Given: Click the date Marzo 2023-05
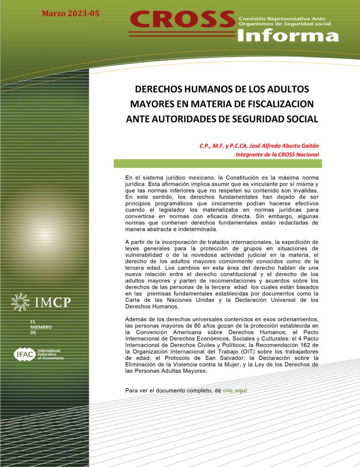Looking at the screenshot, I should [71, 14].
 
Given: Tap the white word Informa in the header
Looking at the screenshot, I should [288, 36].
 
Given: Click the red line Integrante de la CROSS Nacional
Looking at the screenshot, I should [277, 155].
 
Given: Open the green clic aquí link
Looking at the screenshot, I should [235, 391].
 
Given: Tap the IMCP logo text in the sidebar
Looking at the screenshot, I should [53, 301].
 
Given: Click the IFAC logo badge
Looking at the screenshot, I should [22, 354].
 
